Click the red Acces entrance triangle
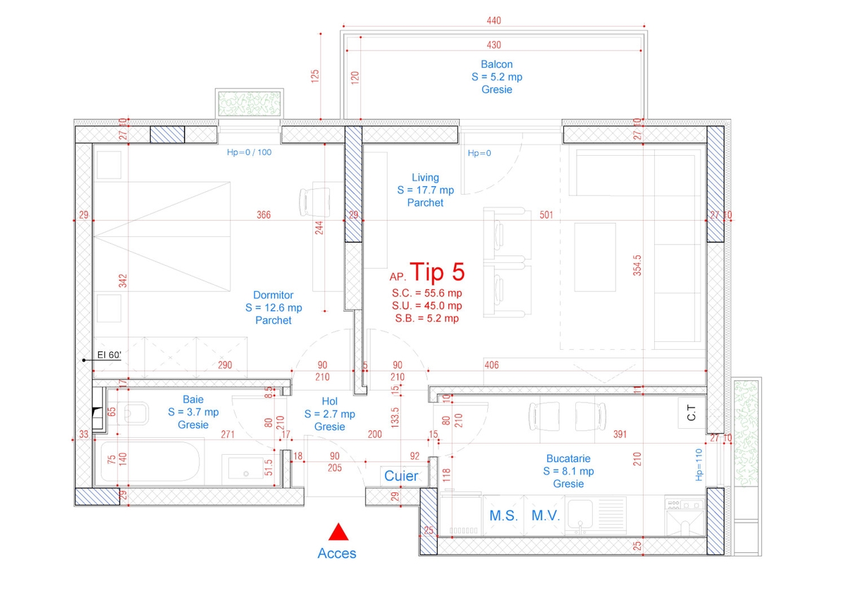[338, 532]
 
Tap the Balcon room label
[496, 64]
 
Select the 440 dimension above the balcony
[494, 20]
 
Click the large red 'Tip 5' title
[437, 272]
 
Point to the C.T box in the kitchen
[692, 413]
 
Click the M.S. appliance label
[504, 515]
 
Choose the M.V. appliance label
[546, 515]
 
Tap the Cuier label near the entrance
[401, 476]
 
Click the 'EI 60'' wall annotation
[109, 355]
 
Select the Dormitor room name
[273, 295]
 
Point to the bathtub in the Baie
[150, 462]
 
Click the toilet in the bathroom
[133, 413]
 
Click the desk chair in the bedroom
[314, 202]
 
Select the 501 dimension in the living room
[546, 215]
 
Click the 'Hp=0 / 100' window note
[250, 152]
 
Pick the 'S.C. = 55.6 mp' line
[427, 293]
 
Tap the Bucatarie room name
[568, 458]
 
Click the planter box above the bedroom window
[250, 104]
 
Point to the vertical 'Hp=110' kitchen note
[699, 465]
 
